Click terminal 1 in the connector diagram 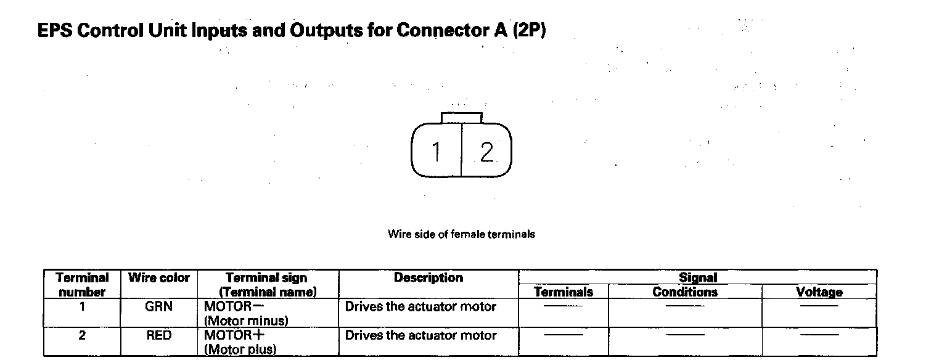436,152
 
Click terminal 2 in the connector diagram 486,152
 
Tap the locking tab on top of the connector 462,118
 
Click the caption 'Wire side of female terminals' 461,234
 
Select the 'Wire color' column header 159,278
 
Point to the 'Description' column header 428,278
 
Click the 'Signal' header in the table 697,278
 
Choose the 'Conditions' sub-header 685,292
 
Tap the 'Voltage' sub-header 819,292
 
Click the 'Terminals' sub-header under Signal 564,292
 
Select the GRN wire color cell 158,306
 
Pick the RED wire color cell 158,336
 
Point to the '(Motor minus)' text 246,321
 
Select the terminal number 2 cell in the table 82,336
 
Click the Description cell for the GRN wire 420,306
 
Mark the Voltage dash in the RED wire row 819,335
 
